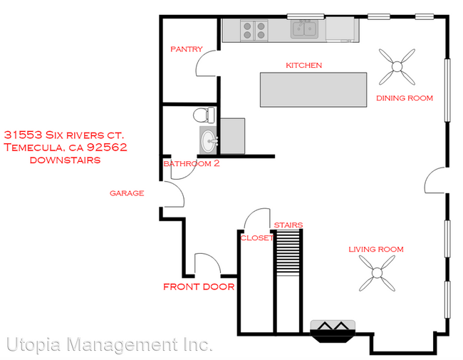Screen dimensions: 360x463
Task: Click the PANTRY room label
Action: click(x=186, y=49)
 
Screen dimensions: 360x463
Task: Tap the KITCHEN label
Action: click(x=304, y=65)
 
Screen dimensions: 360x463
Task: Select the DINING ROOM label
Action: click(x=405, y=98)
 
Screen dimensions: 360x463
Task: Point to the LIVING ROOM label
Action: click(x=375, y=249)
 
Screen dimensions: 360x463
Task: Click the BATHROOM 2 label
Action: click(x=192, y=164)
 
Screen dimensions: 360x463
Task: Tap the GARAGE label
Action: click(x=127, y=192)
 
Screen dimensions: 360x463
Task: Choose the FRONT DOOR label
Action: click(x=199, y=287)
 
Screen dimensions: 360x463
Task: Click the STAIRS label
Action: click(x=288, y=225)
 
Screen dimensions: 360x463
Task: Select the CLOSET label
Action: click(x=257, y=238)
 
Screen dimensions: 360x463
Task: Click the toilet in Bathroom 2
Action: click(x=204, y=115)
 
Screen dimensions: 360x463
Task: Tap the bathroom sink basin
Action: click(x=209, y=140)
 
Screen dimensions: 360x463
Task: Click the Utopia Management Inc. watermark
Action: click(x=110, y=345)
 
